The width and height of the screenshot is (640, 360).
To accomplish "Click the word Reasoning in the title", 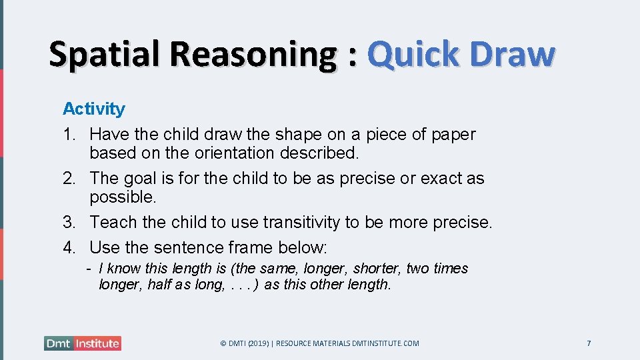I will [253, 54].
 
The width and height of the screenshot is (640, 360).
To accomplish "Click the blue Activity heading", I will [93, 109].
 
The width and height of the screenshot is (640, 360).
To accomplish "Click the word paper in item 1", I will [453, 134].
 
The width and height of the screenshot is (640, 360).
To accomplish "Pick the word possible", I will [123, 197].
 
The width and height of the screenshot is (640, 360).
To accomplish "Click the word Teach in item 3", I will [111, 222].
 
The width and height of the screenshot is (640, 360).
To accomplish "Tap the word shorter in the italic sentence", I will [377, 269].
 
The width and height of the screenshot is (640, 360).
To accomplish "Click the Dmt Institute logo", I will [83, 343].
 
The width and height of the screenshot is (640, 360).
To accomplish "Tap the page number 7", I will [589, 343].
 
